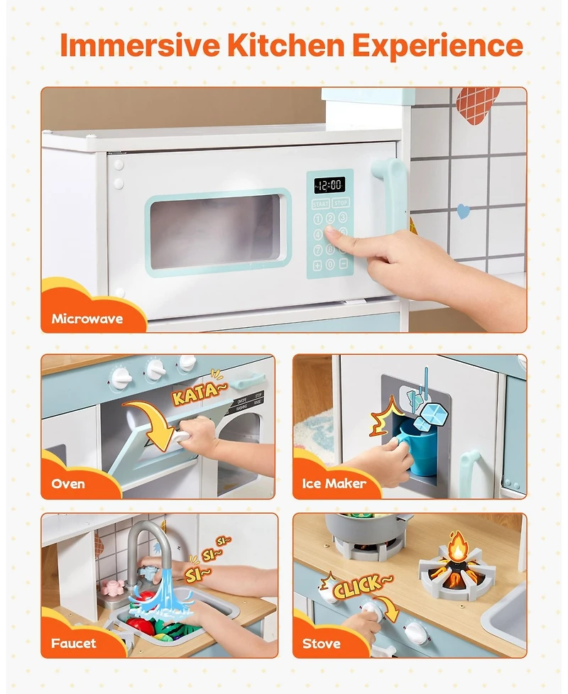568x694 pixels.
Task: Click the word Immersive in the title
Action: click(x=139, y=45)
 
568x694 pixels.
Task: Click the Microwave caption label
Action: click(x=87, y=319)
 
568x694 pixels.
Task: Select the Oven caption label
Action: click(x=68, y=484)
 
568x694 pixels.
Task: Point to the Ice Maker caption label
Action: click(x=334, y=484)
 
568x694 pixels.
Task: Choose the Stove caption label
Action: click(x=321, y=644)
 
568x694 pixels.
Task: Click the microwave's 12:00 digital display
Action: click(x=329, y=184)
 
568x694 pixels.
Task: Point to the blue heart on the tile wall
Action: click(x=463, y=211)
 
